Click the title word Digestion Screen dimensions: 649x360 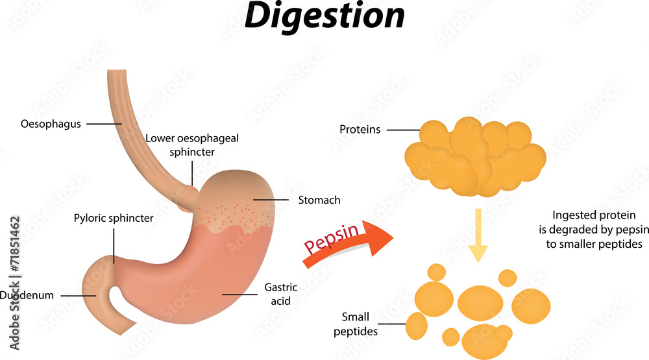click(324, 18)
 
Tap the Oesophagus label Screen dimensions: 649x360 click(51, 124)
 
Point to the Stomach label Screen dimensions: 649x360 click(319, 200)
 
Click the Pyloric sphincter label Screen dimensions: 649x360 click(114, 218)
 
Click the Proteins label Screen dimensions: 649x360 click(360, 130)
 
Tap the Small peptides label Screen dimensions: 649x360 click(356, 324)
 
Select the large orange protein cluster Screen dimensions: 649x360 click(475, 156)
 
